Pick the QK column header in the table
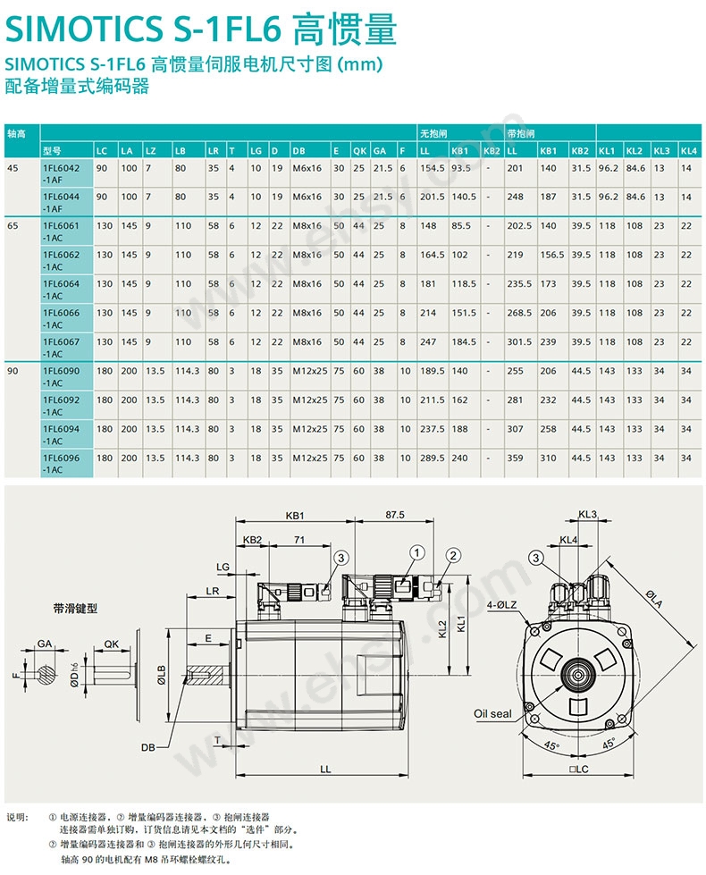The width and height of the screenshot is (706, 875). pos(359,150)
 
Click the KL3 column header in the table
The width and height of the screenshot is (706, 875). pos(660,150)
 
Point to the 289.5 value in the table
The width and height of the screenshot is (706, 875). pos(433,458)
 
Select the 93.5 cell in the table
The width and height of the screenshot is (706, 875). pos(461,167)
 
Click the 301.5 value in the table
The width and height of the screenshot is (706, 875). pos(519,341)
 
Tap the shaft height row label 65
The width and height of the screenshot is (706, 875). pos(13,225)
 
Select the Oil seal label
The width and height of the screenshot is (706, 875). pos(492,713)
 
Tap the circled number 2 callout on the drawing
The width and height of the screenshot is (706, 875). pos(454,556)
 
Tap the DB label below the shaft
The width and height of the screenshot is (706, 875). pos(148,745)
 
